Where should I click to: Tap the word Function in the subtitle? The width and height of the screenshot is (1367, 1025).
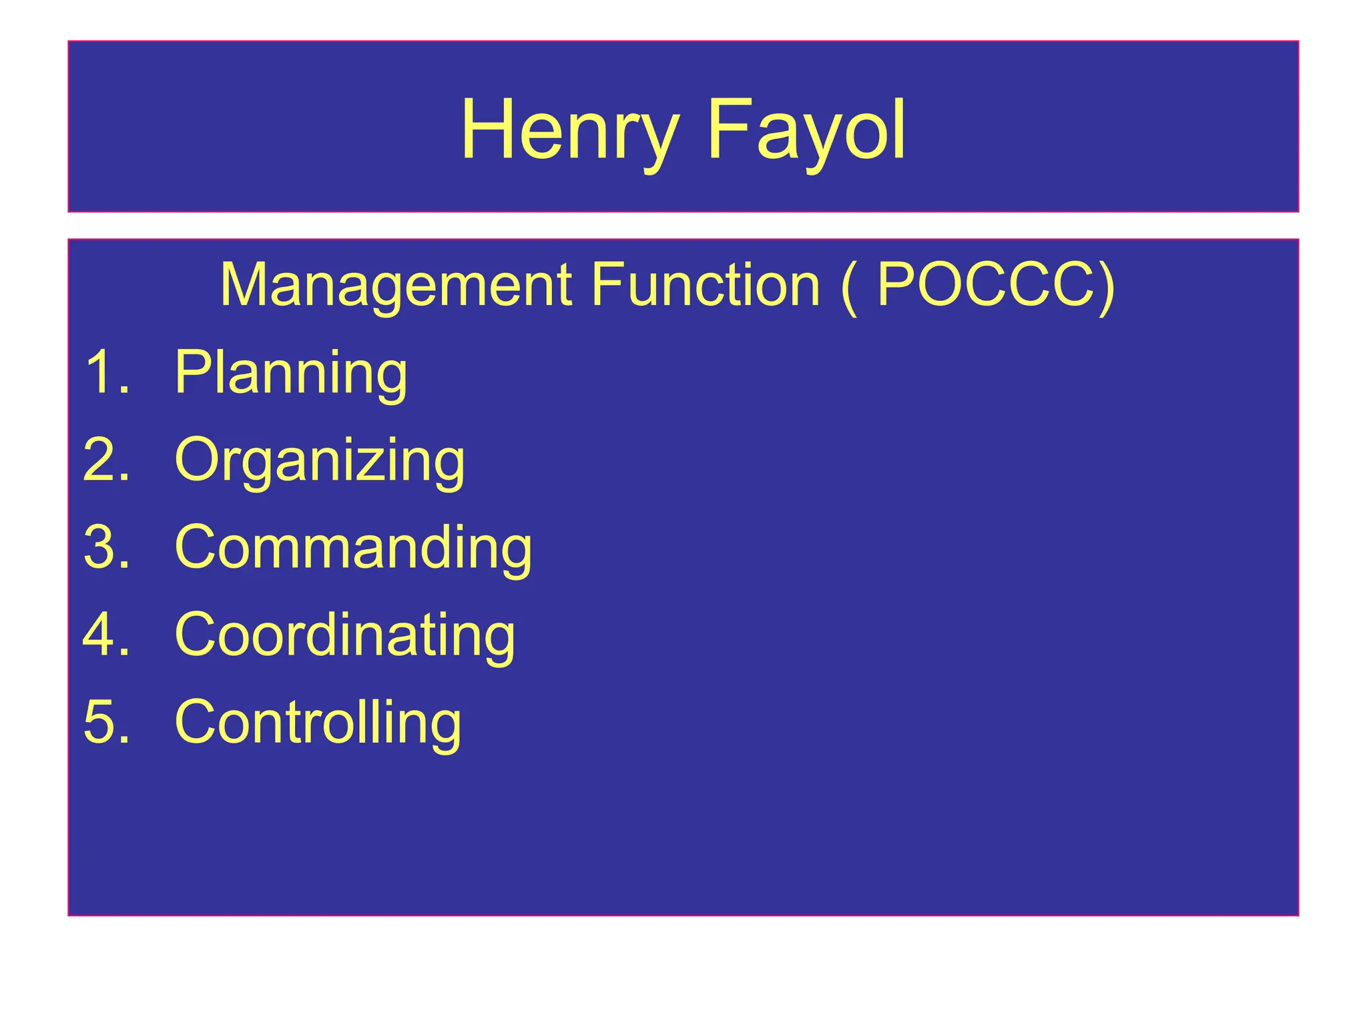(706, 286)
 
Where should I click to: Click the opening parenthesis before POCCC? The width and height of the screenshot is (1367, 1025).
(848, 287)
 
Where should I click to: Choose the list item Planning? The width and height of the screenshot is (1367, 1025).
(290, 373)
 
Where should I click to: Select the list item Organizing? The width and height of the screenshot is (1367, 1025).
(319, 460)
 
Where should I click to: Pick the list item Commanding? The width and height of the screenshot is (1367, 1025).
(353, 547)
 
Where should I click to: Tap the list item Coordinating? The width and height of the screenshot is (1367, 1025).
(344, 635)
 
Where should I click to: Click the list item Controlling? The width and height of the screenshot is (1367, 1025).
(318, 721)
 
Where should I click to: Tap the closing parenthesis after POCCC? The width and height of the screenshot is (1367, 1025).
(1106, 287)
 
